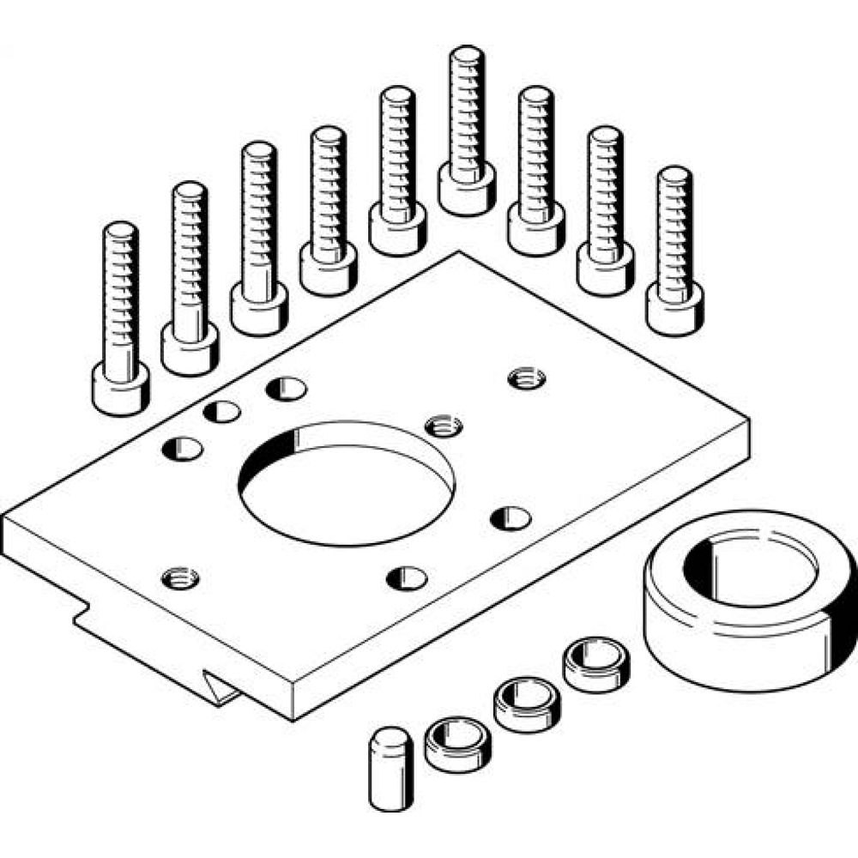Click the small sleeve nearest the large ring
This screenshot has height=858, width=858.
point(594,660)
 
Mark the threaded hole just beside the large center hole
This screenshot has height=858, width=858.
point(444,423)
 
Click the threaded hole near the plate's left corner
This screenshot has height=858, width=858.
point(179,576)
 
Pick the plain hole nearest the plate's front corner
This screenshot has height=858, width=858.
point(406,577)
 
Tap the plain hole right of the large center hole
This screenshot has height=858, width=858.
point(510,517)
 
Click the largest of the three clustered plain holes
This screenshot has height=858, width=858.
point(286,388)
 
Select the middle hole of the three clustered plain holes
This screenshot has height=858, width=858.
point(222,411)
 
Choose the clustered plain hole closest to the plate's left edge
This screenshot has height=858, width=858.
point(183,447)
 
